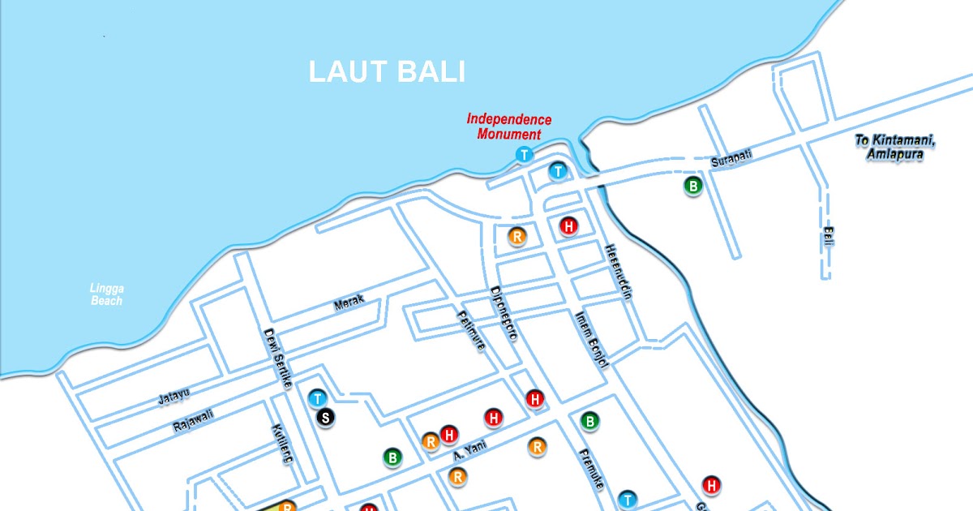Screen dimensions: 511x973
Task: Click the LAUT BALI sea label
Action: [x=388, y=71]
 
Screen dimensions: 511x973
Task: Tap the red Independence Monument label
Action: [x=508, y=127]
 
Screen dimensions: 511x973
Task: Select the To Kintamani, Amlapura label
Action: [x=895, y=148]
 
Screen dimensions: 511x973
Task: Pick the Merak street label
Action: [x=349, y=304]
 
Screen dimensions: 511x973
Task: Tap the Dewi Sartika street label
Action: [x=276, y=357]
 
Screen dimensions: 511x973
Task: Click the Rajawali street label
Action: [x=194, y=421]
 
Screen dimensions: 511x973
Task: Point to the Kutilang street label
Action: [x=281, y=444]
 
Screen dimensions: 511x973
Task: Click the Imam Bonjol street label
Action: [x=591, y=339]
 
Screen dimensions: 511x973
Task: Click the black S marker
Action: [x=325, y=418]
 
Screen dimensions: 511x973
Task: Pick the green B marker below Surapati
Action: [x=693, y=187]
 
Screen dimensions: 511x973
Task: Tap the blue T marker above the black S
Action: [x=318, y=398]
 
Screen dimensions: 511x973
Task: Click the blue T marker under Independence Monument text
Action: [x=525, y=155]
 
